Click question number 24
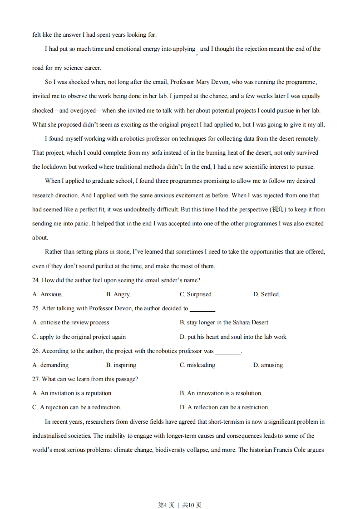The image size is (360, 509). [x=36, y=280]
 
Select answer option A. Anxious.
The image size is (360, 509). [x=48, y=294]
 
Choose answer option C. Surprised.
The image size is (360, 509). [x=196, y=294]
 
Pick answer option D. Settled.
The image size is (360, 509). [x=266, y=294]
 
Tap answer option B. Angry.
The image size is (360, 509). [x=118, y=294]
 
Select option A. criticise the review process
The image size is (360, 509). [x=71, y=323]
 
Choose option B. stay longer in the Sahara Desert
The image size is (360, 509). [x=224, y=323]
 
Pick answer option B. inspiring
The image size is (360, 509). [x=121, y=365]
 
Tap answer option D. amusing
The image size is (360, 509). [x=268, y=365]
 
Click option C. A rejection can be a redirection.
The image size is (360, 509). [x=77, y=407]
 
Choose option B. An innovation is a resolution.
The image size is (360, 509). [x=221, y=393]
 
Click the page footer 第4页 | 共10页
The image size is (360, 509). [x=180, y=492]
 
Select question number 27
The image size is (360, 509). [x=36, y=379]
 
